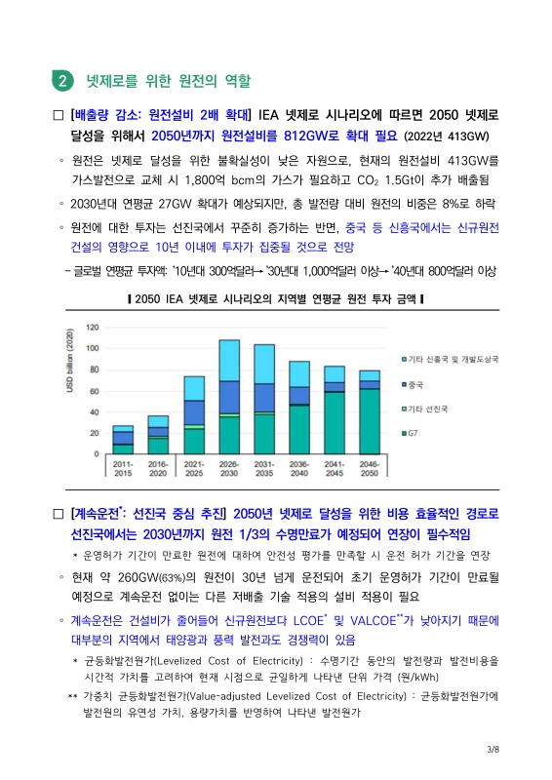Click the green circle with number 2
pos(62,79)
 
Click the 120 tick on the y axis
pos(93,327)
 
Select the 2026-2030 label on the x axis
pos(229,469)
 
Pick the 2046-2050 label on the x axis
pos(370,469)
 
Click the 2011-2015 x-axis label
pos(123,469)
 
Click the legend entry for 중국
pos(414,383)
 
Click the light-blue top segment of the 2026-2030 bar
pos(229,360)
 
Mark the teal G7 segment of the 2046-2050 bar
pos(370,421)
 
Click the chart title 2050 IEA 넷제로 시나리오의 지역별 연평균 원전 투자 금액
pos(276,298)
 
